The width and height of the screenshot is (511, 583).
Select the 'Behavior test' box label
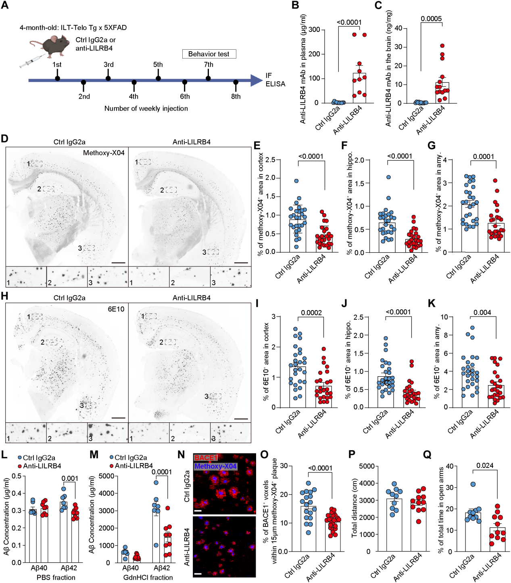pos(209,54)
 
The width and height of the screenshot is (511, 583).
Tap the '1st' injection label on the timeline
pos(57,65)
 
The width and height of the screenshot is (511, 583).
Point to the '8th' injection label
pos(236,96)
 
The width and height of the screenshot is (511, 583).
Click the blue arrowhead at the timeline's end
pos(256,80)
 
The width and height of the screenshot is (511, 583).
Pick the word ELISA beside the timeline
pos(275,84)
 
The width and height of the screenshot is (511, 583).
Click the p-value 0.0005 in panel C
pos(431,19)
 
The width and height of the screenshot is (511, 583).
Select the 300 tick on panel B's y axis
pos(314,30)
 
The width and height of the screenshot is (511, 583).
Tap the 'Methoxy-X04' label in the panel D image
pos(104,153)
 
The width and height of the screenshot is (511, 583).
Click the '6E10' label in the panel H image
pos(116,309)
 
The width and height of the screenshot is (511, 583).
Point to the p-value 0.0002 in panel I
pos(311,313)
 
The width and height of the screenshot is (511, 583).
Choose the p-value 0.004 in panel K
pos(482,312)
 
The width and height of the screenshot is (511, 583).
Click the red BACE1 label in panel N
pos(206,458)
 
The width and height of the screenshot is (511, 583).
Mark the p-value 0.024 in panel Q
pos(485,466)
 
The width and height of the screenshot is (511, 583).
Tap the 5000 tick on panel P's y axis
pos(367,466)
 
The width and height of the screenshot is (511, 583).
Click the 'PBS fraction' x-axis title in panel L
pos(56,578)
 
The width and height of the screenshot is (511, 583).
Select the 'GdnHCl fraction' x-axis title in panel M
pos(148,578)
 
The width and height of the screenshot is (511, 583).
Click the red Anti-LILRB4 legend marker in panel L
pos(20,466)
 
